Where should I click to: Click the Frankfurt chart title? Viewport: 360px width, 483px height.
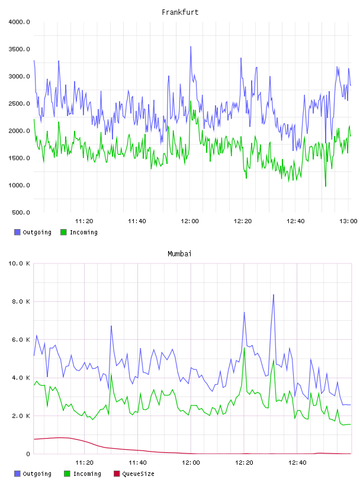tap(180, 12)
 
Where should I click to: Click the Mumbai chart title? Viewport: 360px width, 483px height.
tap(179, 253)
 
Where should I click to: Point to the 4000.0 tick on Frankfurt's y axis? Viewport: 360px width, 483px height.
tap(19, 22)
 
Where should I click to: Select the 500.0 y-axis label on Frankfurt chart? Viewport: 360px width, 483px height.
tap(21, 212)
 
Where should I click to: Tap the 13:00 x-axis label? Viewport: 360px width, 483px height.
tap(348, 221)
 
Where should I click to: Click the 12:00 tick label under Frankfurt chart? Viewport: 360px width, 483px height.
tap(189, 221)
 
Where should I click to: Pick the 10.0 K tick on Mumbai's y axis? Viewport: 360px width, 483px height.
tap(19, 263)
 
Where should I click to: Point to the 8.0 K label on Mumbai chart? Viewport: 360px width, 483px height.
tap(21, 301)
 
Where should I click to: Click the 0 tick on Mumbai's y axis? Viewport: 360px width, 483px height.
tap(28, 454)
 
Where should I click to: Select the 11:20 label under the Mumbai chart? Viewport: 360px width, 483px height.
tap(84, 462)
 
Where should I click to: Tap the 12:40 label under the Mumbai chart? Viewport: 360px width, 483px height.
tap(297, 462)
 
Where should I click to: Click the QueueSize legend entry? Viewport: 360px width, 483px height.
tap(134, 474)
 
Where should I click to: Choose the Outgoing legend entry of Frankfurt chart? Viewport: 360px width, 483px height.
tap(33, 232)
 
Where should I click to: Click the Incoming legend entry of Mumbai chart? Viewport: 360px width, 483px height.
tap(83, 474)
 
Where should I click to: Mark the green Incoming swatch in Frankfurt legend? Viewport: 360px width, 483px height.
tap(63, 232)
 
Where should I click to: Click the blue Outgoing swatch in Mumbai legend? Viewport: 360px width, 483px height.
tap(17, 474)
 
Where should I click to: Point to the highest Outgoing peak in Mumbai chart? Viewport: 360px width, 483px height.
tap(273, 295)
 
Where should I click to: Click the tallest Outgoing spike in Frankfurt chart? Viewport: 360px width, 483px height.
tap(191, 47)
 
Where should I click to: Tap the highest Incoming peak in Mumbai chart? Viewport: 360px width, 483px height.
tap(245, 348)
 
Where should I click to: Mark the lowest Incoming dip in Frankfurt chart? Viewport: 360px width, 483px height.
tap(326, 186)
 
